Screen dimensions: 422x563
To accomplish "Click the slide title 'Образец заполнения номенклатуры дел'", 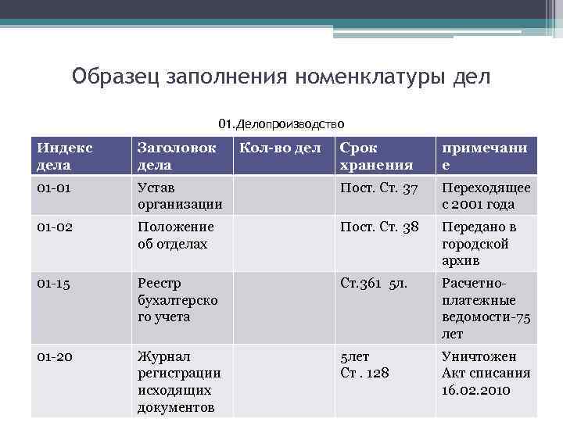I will click(x=281, y=77).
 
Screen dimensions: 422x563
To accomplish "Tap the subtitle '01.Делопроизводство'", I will click(x=281, y=123).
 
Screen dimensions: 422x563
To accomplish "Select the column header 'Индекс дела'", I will click(x=64, y=156).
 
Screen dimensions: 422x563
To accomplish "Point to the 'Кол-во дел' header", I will click(x=280, y=148).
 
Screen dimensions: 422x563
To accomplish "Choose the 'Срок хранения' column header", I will click(x=376, y=156).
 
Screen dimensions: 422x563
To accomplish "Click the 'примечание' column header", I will click(x=484, y=156).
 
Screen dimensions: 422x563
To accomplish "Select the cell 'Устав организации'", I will click(x=179, y=196).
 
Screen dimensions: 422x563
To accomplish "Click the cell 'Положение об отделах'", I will click(x=175, y=235).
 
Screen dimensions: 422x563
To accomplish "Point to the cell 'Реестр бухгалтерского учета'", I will click(x=178, y=300).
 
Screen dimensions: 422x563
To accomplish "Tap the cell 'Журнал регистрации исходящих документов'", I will click(x=179, y=382).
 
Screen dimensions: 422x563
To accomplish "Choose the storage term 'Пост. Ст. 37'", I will click(x=379, y=188).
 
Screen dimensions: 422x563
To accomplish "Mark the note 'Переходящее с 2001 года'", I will click(x=486, y=196).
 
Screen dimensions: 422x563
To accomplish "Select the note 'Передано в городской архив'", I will click(x=479, y=243).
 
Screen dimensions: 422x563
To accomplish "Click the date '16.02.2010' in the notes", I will click(x=475, y=390).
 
